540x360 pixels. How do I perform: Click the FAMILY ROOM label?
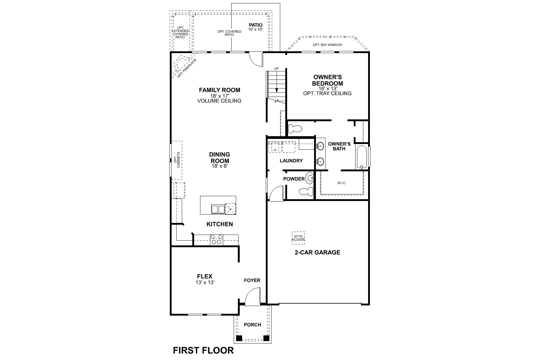tap(219, 90)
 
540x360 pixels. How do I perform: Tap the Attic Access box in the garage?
tap(298, 238)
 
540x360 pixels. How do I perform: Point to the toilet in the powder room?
tap(306, 191)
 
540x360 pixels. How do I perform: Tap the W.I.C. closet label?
tap(342, 183)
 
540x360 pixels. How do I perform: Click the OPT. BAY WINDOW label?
tap(327, 45)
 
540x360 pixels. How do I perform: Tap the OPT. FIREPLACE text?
tap(187, 68)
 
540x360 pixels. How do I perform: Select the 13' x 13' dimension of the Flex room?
tap(205, 282)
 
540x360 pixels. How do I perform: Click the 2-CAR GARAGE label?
tap(317, 252)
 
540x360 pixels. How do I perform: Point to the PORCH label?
tap(252, 325)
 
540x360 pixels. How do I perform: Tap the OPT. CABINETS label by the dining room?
tap(177, 160)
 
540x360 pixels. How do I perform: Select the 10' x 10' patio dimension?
tap(255, 29)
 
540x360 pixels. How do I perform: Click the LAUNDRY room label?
tap(291, 161)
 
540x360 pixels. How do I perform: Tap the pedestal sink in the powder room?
tap(309, 178)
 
